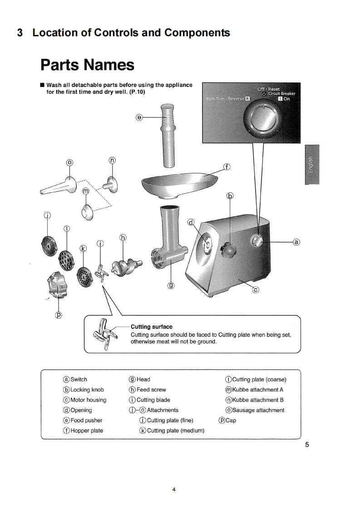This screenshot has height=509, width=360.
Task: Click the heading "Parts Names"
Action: point(87,65)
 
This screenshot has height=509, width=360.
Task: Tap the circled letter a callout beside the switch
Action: point(296,242)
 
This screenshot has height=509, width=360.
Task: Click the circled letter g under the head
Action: point(171,286)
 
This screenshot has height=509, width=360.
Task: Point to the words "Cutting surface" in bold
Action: point(151,327)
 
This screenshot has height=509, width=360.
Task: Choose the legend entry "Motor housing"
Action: point(88,400)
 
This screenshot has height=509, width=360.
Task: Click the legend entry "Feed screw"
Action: point(151,390)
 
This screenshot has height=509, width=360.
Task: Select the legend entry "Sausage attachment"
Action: point(258,410)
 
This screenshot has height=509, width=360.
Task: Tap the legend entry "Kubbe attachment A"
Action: point(257,390)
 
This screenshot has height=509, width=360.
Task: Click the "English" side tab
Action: point(312,164)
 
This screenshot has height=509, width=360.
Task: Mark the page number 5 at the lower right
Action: point(307,445)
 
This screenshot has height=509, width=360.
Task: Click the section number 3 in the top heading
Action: point(20,33)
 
